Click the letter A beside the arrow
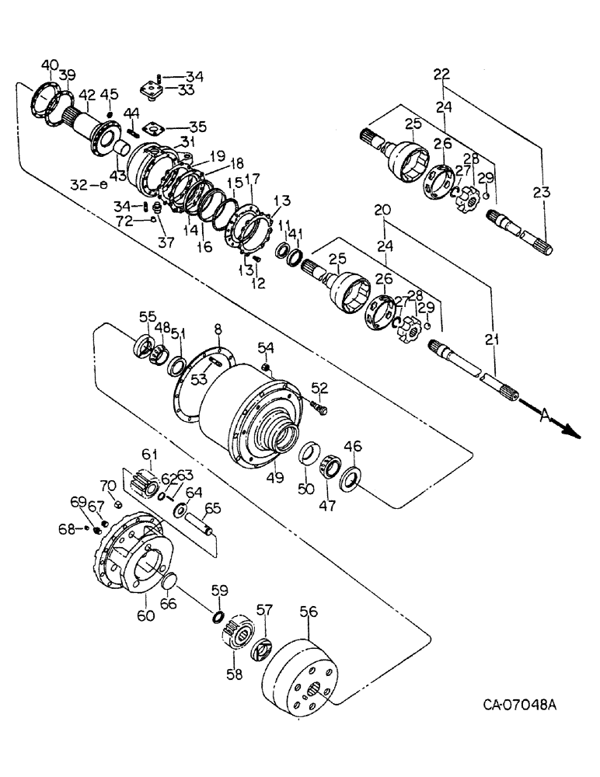(542, 416)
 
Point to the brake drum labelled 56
(300, 676)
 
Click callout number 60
(146, 615)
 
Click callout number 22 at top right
(441, 74)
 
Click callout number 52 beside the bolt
(319, 386)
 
